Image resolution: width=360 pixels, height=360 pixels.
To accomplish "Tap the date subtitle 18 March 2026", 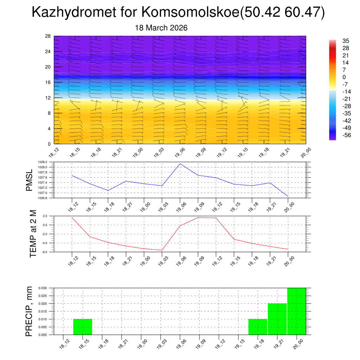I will point(161,28).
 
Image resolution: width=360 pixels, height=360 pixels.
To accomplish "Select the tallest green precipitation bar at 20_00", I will point(296,311).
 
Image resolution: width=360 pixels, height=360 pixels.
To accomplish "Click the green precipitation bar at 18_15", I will point(83,327).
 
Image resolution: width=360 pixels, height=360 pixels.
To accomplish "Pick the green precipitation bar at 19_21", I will point(277,319).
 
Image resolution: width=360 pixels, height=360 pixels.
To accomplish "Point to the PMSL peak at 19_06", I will point(180,164).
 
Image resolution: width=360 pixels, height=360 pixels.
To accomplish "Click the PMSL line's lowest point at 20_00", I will point(288,196).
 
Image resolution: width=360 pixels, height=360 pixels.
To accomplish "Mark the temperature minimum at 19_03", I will point(162,250).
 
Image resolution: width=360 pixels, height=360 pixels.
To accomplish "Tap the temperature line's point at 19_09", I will point(198,218).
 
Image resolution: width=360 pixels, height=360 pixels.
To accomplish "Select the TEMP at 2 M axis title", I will point(33,234).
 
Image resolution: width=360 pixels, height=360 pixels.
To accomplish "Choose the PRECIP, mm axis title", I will point(30,311).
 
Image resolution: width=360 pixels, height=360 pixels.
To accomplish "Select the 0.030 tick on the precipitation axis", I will point(43,288).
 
